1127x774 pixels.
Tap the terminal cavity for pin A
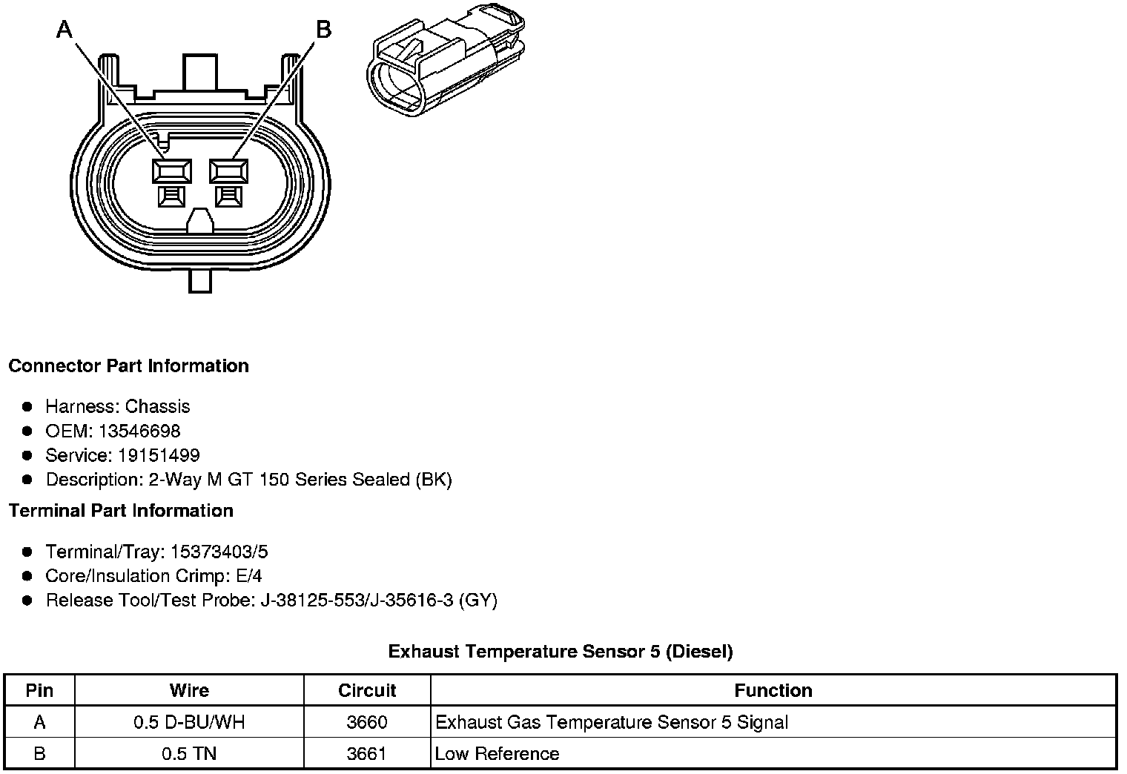(171, 171)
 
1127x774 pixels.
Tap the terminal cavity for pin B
(229, 171)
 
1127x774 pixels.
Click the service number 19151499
(159, 455)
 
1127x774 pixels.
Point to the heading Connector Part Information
(128, 365)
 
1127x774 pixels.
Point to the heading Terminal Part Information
(121, 511)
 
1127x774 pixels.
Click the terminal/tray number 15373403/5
(219, 552)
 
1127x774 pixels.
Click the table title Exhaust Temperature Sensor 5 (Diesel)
(561, 651)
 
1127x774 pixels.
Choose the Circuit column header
(367, 690)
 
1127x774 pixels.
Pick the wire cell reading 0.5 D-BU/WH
(189, 722)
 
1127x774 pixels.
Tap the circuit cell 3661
(367, 753)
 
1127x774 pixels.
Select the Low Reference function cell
(498, 753)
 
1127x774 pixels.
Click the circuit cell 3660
(367, 722)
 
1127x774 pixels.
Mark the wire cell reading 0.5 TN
(189, 753)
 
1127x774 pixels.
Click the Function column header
(773, 690)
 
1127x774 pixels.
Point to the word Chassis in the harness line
(157, 406)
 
